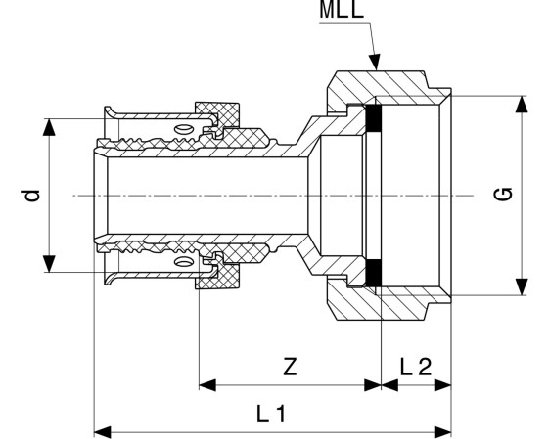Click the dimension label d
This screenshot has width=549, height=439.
tap(33, 196)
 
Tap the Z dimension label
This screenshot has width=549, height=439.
tap(290, 367)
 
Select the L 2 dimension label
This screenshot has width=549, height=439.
tap(416, 367)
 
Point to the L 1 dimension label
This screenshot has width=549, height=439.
tap(271, 414)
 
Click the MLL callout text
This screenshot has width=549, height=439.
tap(342, 10)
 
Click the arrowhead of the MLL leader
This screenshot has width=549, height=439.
tap(375, 63)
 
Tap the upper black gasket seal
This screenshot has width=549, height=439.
tap(373, 118)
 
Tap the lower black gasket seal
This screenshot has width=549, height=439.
tap(373, 272)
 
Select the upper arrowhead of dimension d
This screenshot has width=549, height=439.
tap(49, 127)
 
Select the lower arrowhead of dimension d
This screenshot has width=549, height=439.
tap(49, 264)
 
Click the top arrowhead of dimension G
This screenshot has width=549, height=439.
tap(522, 105)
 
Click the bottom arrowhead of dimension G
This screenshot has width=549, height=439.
tap(522, 286)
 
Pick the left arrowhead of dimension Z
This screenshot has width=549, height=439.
tap(207, 385)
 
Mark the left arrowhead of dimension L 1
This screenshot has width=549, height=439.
tap(103, 432)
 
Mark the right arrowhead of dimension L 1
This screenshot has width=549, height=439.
tap(443, 432)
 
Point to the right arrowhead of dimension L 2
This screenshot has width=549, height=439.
tap(443, 385)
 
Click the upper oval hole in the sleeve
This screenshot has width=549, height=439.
tap(184, 130)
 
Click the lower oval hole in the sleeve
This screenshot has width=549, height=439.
tap(184, 261)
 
